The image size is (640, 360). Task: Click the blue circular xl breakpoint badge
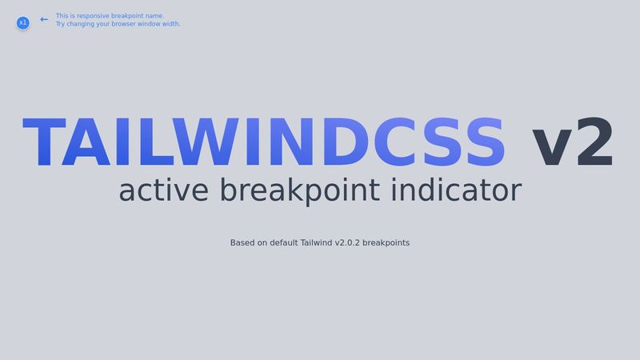(22, 23)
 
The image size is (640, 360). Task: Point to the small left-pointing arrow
(44, 19)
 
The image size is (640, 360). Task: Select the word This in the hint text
(62, 16)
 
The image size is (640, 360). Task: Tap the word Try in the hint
(61, 24)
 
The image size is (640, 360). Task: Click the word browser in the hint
(124, 24)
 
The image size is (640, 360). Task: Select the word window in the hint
(151, 24)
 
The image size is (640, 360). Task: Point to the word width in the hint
(171, 24)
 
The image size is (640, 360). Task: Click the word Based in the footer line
(243, 242)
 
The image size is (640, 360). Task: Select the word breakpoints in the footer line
(386, 242)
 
